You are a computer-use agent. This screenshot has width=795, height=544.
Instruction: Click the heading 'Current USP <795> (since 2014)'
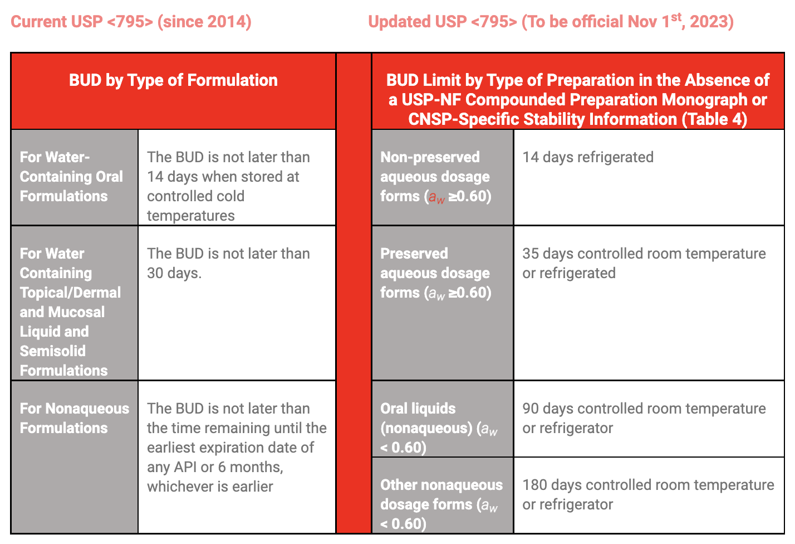pyautogui.click(x=131, y=22)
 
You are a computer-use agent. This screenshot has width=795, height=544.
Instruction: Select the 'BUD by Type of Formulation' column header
pyautogui.click(x=173, y=80)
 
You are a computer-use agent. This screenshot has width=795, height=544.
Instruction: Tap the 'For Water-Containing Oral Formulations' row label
pyautogui.click(x=71, y=177)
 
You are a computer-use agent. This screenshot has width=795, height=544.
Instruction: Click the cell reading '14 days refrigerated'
pyautogui.click(x=587, y=157)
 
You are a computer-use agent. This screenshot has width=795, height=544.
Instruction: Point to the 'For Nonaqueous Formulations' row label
pyautogui.click(x=74, y=418)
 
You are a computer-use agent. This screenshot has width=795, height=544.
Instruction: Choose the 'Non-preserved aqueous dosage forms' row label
pyautogui.click(x=435, y=177)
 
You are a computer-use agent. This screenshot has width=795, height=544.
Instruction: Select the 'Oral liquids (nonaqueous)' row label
pyautogui.click(x=438, y=428)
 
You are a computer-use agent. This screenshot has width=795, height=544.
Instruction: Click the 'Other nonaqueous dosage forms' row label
pyautogui.click(x=441, y=504)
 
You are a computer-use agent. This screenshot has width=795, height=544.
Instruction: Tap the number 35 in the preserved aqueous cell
pyautogui.click(x=531, y=254)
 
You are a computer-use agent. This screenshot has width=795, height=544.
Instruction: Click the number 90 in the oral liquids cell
pyautogui.click(x=531, y=409)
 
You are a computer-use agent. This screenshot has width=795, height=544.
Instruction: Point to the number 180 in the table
pyautogui.click(x=535, y=485)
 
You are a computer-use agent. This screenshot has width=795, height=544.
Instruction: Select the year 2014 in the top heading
pyautogui.click(x=226, y=22)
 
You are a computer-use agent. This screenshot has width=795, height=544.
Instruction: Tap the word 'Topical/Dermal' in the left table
pyautogui.click(x=70, y=293)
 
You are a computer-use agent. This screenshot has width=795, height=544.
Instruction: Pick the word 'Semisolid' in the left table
pyautogui.click(x=53, y=351)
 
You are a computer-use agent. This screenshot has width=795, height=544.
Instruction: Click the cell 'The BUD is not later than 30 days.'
pyautogui.click(x=228, y=263)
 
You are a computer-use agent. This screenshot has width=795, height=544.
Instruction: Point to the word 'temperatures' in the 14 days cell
pyautogui.click(x=191, y=216)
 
